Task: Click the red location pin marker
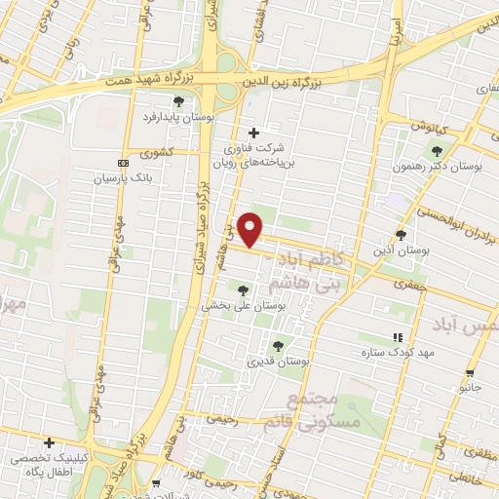coord(251,228)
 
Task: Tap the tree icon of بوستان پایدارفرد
coord(177,100)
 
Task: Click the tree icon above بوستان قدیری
coord(279,345)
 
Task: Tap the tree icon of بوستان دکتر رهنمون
coord(436,150)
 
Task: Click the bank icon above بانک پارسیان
coord(122,163)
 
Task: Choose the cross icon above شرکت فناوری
coord(253,133)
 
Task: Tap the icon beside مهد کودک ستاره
coord(396,337)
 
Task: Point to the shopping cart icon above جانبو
coord(471,372)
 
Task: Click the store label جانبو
coord(471,387)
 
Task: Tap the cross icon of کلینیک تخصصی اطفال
coord(49,442)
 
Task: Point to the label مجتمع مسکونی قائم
coord(326,411)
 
